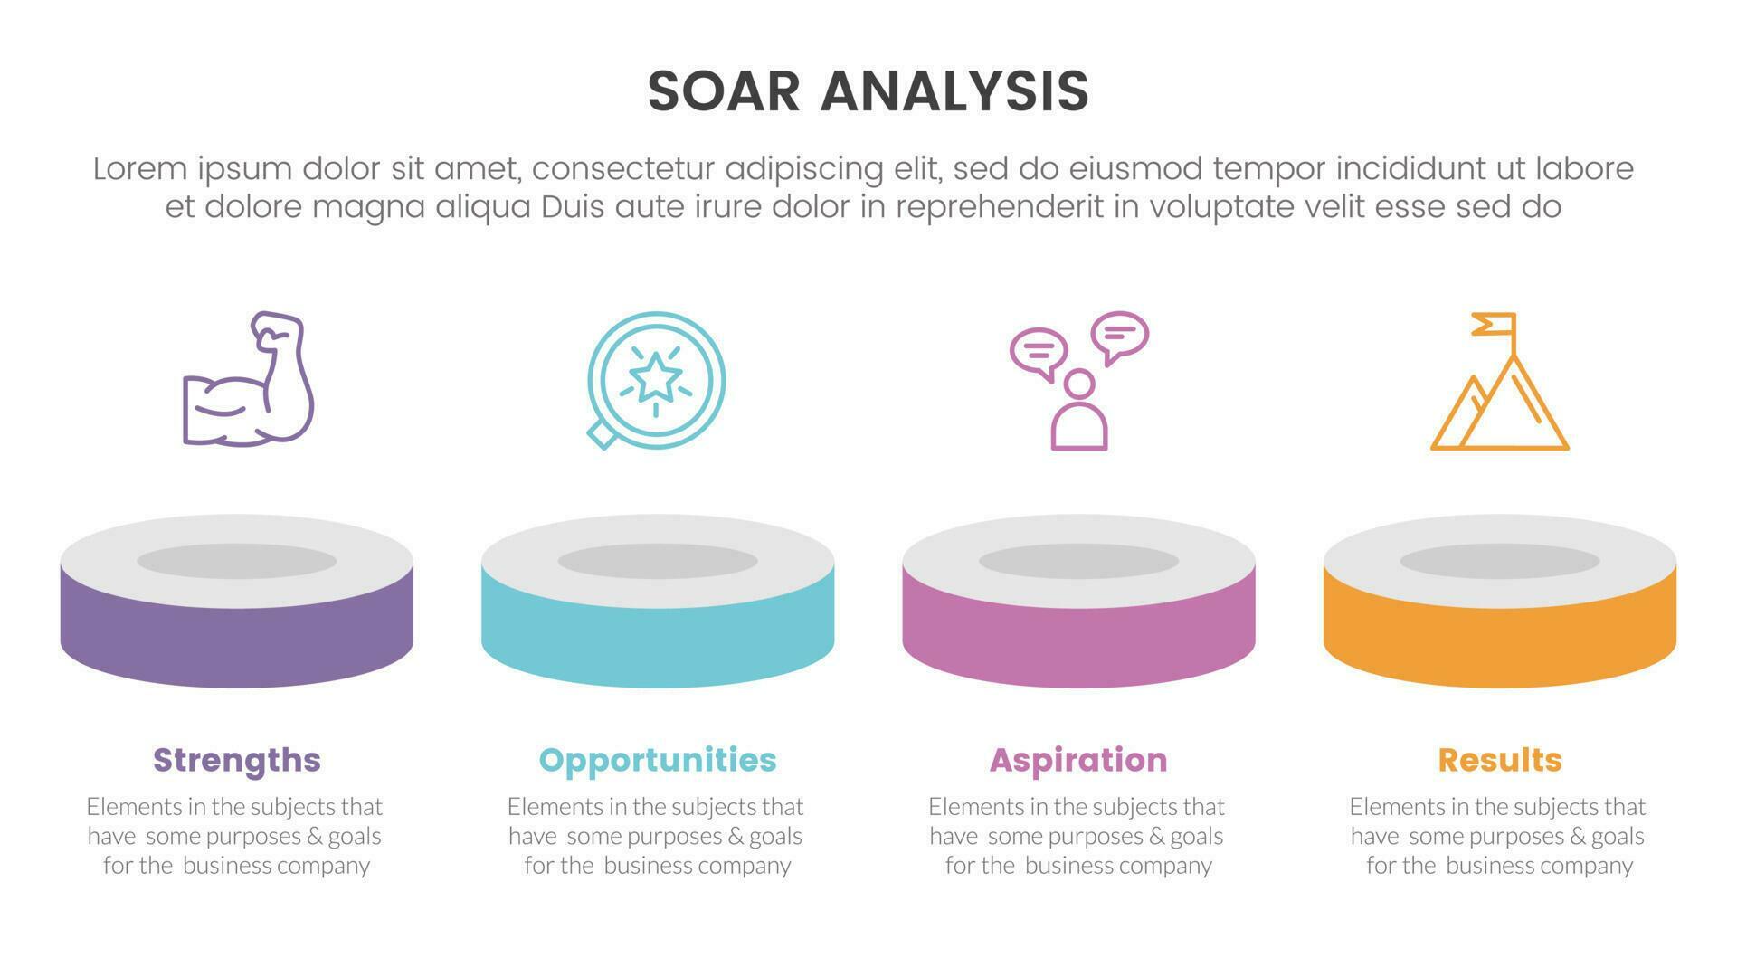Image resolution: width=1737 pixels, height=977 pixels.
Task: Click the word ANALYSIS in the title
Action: click(x=954, y=91)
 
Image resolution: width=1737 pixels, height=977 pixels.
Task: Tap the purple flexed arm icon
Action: click(x=248, y=380)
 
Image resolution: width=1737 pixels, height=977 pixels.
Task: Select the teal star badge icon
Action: click(x=656, y=380)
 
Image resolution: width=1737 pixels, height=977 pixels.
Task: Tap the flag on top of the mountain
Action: click(x=1495, y=324)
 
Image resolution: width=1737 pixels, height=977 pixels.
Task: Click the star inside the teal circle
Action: click(x=655, y=377)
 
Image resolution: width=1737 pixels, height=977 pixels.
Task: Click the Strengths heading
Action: click(x=237, y=760)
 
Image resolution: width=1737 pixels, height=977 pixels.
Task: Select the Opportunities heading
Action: click(x=658, y=760)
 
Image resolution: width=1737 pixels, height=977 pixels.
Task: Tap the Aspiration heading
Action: click(x=1078, y=760)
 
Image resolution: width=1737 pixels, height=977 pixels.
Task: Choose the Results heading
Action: click(x=1500, y=760)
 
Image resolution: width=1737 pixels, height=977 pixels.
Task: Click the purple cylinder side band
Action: click(x=237, y=642)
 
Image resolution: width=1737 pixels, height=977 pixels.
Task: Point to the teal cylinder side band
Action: click(x=658, y=642)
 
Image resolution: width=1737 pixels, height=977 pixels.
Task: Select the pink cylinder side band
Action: click(x=1078, y=642)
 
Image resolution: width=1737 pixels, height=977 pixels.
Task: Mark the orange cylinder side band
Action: click(x=1500, y=642)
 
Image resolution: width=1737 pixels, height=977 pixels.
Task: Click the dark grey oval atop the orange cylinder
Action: click(x=1500, y=561)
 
